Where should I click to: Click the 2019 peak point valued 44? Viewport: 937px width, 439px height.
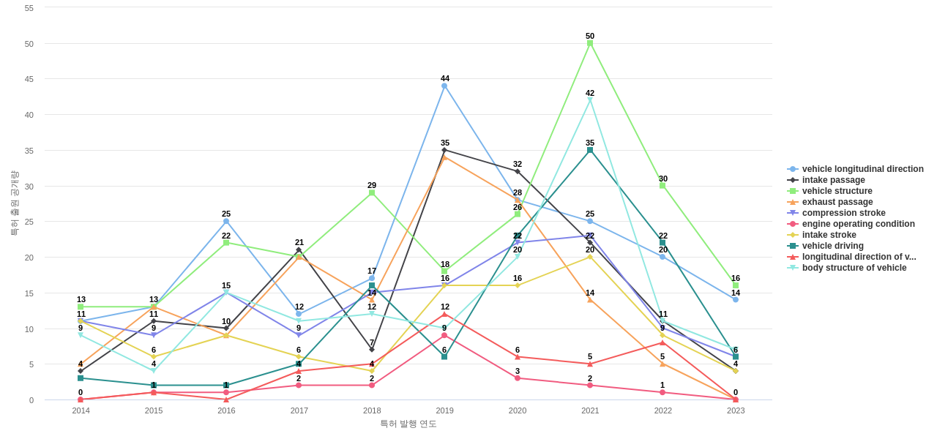click(444, 86)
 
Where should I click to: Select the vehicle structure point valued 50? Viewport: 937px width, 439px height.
click(590, 43)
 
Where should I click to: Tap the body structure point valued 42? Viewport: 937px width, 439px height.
click(590, 100)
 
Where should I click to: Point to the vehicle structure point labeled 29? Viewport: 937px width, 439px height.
click(372, 192)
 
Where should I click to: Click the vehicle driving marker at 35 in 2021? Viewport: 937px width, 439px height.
click(590, 150)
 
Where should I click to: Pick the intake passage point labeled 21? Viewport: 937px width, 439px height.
click(299, 250)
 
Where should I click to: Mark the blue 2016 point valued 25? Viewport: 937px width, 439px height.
click(226, 221)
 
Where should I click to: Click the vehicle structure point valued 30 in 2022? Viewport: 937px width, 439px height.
click(662, 186)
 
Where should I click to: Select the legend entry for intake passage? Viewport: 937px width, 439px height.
click(833, 180)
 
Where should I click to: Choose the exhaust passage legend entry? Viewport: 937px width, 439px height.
click(837, 202)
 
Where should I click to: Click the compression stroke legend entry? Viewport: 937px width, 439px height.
click(843, 213)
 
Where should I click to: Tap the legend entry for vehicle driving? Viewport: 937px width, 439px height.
click(832, 246)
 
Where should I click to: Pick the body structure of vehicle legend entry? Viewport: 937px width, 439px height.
click(854, 268)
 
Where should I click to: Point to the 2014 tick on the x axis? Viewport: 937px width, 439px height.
click(81, 410)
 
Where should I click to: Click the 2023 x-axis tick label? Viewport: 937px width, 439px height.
click(736, 410)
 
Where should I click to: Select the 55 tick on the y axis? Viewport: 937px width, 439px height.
click(29, 8)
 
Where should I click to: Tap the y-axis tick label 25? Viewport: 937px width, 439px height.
click(29, 222)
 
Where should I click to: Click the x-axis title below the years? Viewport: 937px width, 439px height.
click(408, 424)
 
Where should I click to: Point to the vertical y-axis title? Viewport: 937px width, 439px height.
click(14, 203)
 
